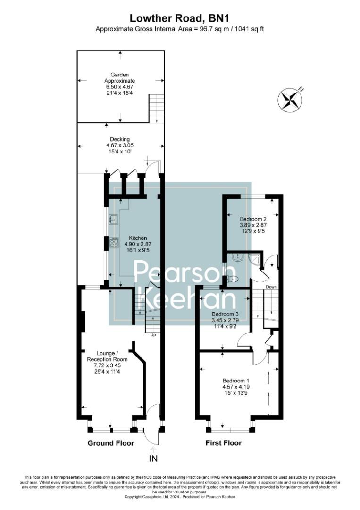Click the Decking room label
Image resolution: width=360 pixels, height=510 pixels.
tap(120, 145)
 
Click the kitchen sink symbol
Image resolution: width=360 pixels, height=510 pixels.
tap(114, 219)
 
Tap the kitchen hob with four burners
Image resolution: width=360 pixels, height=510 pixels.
tap(114, 243)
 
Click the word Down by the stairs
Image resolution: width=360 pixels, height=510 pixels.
tap(271, 287)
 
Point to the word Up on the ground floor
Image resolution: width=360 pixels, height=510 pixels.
tap(152, 335)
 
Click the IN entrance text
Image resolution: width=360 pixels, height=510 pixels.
tap(153, 458)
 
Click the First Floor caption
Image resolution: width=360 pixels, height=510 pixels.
tap(224, 443)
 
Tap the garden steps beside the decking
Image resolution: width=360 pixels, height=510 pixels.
tap(157, 107)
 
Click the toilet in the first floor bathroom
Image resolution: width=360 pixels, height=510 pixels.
tap(232, 279)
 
